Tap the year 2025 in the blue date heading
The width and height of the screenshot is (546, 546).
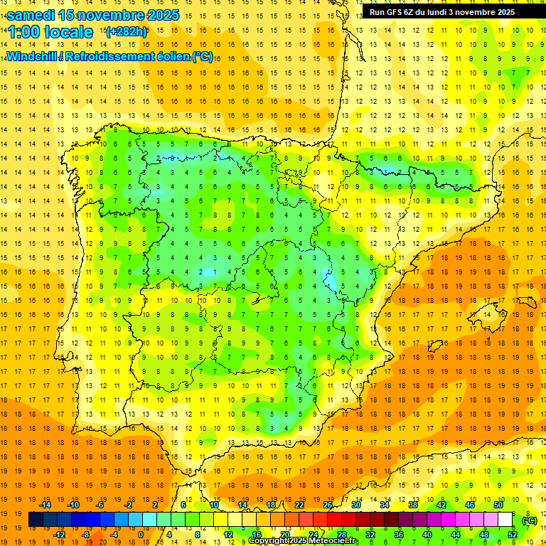(x=159, y=15)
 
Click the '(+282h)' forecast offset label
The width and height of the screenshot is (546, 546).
(x=126, y=31)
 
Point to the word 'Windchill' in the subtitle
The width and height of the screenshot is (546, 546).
(x=31, y=56)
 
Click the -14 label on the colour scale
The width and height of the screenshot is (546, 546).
(x=45, y=505)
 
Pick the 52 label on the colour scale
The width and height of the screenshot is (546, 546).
(x=513, y=535)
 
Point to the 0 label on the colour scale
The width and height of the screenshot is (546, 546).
(x=140, y=535)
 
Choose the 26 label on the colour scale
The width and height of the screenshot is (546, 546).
(x=328, y=505)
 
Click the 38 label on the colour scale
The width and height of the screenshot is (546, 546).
(x=413, y=505)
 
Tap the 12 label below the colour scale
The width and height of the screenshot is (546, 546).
(x=228, y=535)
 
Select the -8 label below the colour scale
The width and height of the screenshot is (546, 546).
(x=86, y=535)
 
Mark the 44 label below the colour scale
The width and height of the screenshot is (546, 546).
(x=456, y=535)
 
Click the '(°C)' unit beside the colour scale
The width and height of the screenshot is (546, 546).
(x=529, y=520)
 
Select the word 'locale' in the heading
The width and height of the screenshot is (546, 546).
(x=70, y=32)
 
